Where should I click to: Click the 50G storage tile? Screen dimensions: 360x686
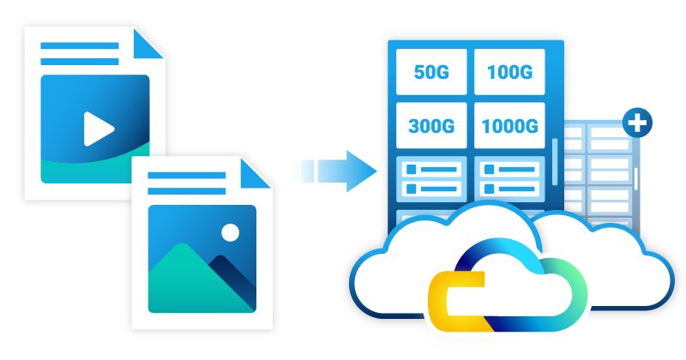pyautogui.click(x=432, y=72)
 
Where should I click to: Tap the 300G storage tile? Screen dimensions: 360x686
pyautogui.click(x=432, y=127)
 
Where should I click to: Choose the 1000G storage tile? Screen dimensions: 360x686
pyautogui.click(x=508, y=127)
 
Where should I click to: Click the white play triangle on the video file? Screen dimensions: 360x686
pyautogui.click(x=98, y=129)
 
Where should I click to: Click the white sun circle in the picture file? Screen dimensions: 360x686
pyautogui.click(x=230, y=232)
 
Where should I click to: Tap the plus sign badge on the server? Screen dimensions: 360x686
pyautogui.click(x=636, y=123)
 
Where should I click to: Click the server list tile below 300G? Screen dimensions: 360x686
pyautogui.click(x=432, y=178)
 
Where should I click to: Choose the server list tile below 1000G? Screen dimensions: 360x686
pyautogui.click(x=508, y=178)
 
